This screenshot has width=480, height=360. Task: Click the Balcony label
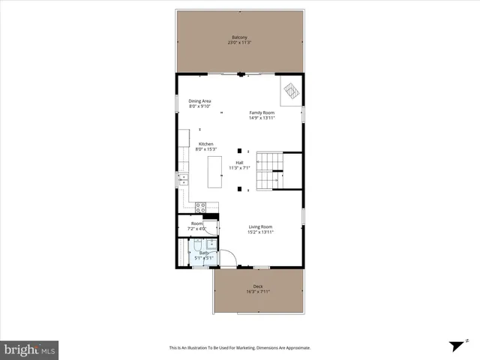pyautogui.click(x=239, y=37)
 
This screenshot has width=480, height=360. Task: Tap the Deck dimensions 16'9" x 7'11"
pyautogui.click(x=257, y=292)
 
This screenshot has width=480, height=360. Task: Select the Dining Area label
pyautogui.click(x=199, y=101)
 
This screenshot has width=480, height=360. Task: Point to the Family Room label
pyautogui.click(x=262, y=113)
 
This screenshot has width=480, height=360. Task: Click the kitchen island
pyautogui.click(x=215, y=172)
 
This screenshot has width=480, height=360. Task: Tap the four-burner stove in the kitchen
pyautogui.click(x=200, y=206)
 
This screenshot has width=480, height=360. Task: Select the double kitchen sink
pyautogui.click(x=183, y=179)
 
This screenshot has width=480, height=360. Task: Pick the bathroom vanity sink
pyautogui.click(x=211, y=244)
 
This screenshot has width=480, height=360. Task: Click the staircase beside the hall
pyautogui.click(x=269, y=171)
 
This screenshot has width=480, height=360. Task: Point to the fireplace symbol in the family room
pyautogui.click(x=291, y=91)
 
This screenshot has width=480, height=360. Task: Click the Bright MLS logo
pyautogui.click(x=30, y=349)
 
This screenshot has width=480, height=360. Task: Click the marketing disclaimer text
pyautogui.click(x=239, y=348)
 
